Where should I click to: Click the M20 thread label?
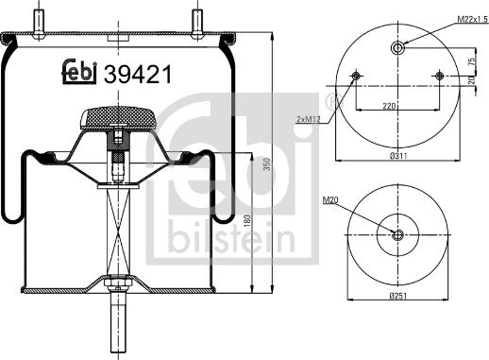coord(329,200)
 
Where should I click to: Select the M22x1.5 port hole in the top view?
coord(397,49)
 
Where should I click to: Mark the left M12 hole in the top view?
coord(356,76)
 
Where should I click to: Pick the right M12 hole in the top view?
coord(439,76)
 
